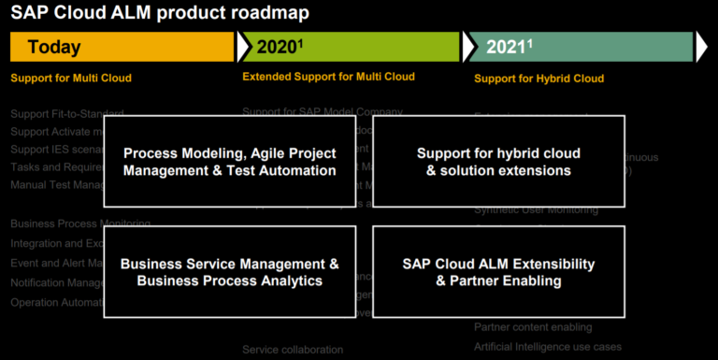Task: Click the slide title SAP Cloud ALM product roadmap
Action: click(x=159, y=13)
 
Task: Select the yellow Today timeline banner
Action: click(x=122, y=47)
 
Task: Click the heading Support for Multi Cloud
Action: click(x=71, y=78)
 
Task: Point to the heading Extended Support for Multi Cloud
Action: click(x=328, y=77)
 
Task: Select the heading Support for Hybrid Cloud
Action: click(x=538, y=79)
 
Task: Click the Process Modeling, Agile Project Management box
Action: click(x=229, y=161)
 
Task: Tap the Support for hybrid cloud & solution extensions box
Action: click(x=498, y=161)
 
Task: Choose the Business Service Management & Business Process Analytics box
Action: click(x=229, y=272)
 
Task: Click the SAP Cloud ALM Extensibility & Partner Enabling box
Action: click(x=498, y=272)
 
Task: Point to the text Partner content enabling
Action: click(x=533, y=327)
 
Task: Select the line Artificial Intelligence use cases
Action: click(x=547, y=347)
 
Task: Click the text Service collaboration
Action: click(x=293, y=350)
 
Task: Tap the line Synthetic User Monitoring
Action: click(x=536, y=209)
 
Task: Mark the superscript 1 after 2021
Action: click(x=530, y=42)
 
